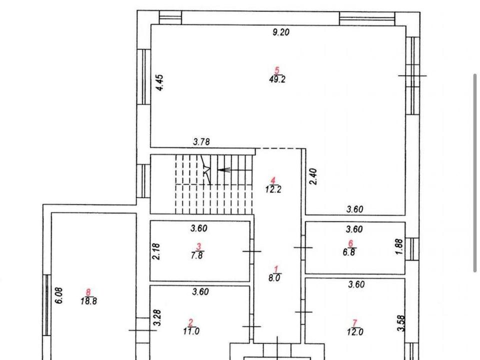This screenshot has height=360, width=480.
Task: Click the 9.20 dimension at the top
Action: coord(280,32)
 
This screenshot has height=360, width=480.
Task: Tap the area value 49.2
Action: coord(277,79)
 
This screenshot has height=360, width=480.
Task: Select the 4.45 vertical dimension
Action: coord(160,82)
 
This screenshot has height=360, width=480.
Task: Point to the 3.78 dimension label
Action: coord(201,142)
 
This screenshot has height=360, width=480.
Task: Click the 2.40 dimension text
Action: coord(313,176)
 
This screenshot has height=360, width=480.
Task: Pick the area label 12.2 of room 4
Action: coord(273,189)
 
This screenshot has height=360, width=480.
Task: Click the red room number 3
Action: coord(198,246)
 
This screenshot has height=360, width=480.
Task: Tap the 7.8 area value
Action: coord(196,255)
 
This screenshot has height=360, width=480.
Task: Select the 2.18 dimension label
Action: coord(156,251)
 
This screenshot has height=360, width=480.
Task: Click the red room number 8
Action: coord(88,292)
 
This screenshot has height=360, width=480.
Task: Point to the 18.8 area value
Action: coord(89,301)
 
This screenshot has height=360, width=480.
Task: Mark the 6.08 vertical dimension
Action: coord(59,295)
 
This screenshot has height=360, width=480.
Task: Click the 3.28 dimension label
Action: coord(157,318)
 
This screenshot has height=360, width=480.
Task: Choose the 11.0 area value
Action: coord(191,331)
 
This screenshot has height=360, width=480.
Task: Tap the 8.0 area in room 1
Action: coord(274,278)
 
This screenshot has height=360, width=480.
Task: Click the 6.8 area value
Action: coord(349,252)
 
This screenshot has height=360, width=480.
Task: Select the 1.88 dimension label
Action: coord(400,246)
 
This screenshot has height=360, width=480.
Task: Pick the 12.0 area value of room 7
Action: coord(355,332)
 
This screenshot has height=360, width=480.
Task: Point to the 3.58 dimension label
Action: coord(401,323)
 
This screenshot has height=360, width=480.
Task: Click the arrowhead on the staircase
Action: coord(220,170)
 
